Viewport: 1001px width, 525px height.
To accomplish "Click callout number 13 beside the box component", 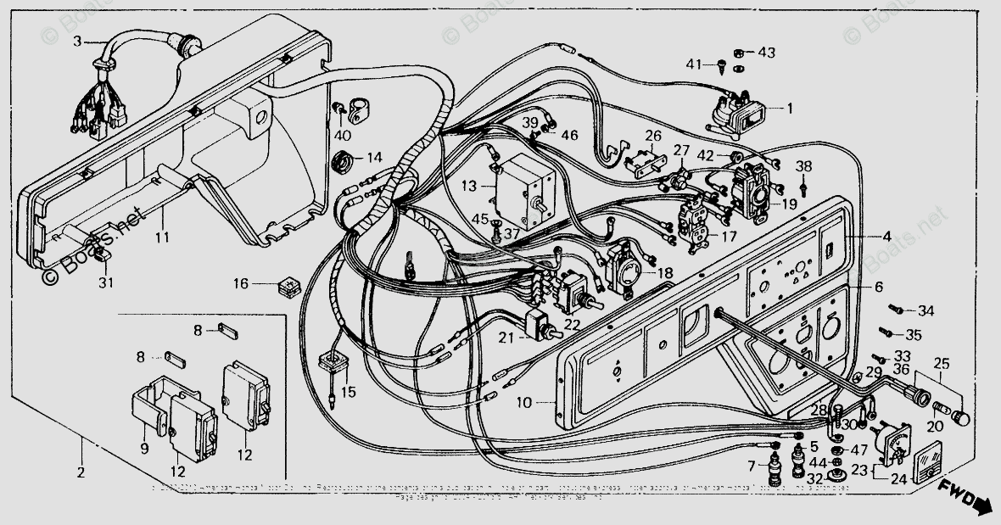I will pyautogui.click(x=468, y=185).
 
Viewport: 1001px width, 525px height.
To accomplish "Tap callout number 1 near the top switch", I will pyautogui.click(x=789, y=109).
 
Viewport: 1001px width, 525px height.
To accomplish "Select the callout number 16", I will pyautogui.click(x=241, y=284).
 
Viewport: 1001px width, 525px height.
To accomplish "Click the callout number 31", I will pyautogui.click(x=103, y=282).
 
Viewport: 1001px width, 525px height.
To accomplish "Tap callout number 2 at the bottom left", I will pyautogui.click(x=81, y=472).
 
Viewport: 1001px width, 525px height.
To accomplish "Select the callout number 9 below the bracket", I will pyautogui.click(x=143, y=448).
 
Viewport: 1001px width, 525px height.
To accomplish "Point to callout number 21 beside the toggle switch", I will pyautogui.click(x=506, y=338).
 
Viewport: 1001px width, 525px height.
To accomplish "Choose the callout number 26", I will pyautogui.click(x=652, y=135).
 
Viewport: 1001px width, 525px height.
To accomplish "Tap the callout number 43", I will pyautogui.click(x=766, y=53).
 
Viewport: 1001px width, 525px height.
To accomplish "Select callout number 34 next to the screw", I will pyautogui.click(x=925, y=311).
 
